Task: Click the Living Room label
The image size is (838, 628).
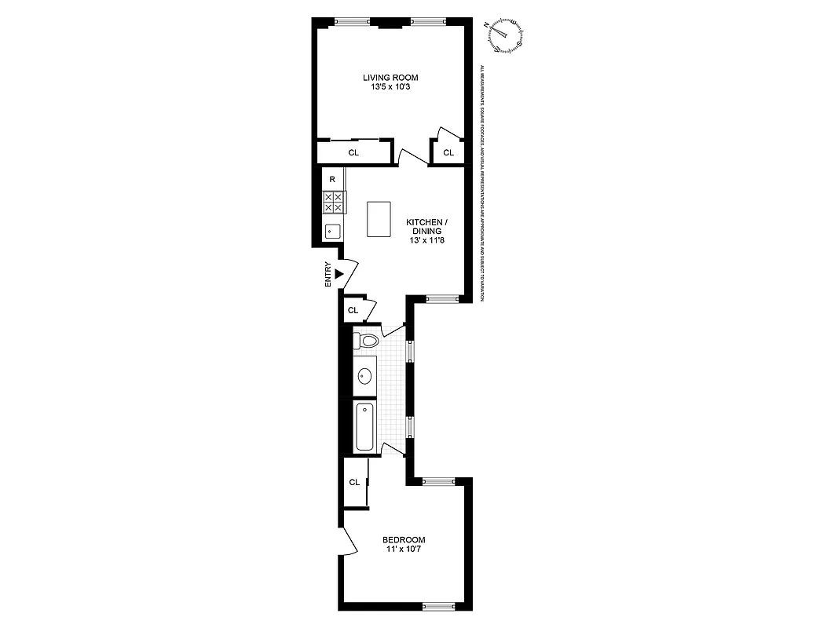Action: coord(390,77)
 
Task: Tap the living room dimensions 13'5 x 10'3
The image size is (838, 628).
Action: coord(390,87)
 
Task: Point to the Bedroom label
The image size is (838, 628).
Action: coord(404,539)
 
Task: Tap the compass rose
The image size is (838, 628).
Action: coord(507,34)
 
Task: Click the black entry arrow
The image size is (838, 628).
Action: coord(339,273)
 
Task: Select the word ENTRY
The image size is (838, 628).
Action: coord(328,274)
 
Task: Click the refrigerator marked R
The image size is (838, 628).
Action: coord(333,179)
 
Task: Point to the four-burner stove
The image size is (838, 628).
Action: coord(333,203)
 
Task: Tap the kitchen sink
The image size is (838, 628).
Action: coord(332,231)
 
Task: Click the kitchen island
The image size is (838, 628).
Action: coord(379,219)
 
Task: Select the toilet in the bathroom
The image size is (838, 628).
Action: coord(365,341)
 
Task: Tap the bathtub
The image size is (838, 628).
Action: coord(365,426)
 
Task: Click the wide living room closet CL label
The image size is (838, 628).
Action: coord(353,152)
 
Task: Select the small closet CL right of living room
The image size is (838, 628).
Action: coord(448,152)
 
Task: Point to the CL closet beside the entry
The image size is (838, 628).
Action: coord(353,310)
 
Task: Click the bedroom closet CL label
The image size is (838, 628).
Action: coord(354,482)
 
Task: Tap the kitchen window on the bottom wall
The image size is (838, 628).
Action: coord(441,298)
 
